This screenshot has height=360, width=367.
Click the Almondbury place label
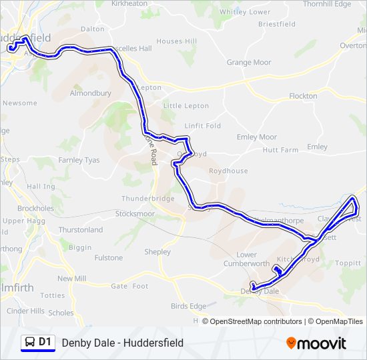tap(90, 94)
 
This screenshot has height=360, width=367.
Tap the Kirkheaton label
tap(129, 4)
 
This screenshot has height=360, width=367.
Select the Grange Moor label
tap(249, 63)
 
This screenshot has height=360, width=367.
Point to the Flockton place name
tap(304, 96)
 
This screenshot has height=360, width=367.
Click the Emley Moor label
tap(257, 137)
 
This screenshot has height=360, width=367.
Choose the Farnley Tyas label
tap(79, 160)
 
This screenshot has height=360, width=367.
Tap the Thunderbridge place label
tap(147, 199)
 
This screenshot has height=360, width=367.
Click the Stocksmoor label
tap(135, 214)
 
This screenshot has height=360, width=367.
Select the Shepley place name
tap(157, 252)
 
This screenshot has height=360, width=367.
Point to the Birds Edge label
tap(189, 306)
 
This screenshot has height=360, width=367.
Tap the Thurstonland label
tap(81, 230)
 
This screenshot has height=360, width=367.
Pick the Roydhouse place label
tap(228, 171)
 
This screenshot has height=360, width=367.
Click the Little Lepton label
tap(186, 106)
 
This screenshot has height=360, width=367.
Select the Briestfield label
tap(277, 24)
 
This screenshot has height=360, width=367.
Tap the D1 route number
tap(45, 342)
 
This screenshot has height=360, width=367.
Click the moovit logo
tap(316, 343)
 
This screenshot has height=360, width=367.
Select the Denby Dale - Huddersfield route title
tap(123, 343)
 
